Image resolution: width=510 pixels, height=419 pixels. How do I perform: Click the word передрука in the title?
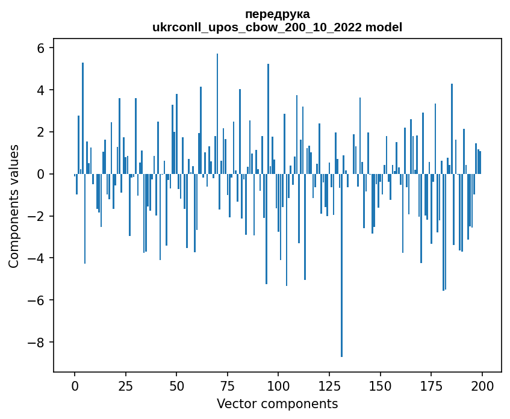[x=277, y=14]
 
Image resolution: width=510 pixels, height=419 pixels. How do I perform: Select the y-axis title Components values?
[x=14, y=206]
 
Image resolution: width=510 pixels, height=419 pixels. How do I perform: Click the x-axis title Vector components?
[x=277, y=403]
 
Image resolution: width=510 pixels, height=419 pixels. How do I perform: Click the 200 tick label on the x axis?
[x=482, y=385]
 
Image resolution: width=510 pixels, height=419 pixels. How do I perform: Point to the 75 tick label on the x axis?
[x=228, y=385]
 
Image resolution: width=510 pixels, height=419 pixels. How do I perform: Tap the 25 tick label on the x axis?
[x=125, y=385]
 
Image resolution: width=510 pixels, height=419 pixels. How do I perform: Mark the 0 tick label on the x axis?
[x=75, y=385]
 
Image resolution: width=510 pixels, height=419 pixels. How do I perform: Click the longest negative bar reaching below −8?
[x=341, y=271]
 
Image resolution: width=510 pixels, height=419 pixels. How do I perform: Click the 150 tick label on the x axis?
[x=381, y=385]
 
